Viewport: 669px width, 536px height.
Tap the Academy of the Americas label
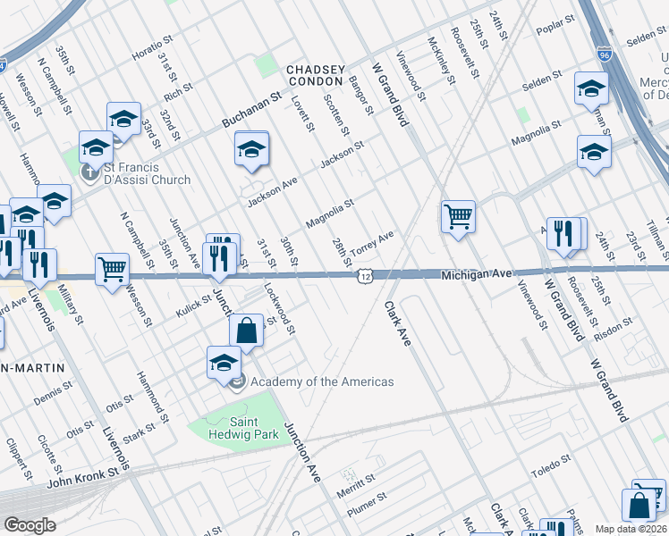(322, 382)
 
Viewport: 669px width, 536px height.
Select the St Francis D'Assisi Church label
(148, 173)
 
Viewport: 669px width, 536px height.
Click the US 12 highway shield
(365, 277)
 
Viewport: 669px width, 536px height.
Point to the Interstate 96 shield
(605, 54)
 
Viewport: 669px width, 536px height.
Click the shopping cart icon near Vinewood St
(458, 215)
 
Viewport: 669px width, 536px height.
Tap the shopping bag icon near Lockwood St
(246, 330)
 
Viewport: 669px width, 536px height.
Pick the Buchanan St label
(252, 108)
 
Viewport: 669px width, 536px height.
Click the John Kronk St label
(83, 479)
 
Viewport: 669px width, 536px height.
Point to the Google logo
(30, 525)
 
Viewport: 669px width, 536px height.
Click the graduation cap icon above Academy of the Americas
(224, 362)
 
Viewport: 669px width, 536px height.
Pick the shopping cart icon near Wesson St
(112, 267)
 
